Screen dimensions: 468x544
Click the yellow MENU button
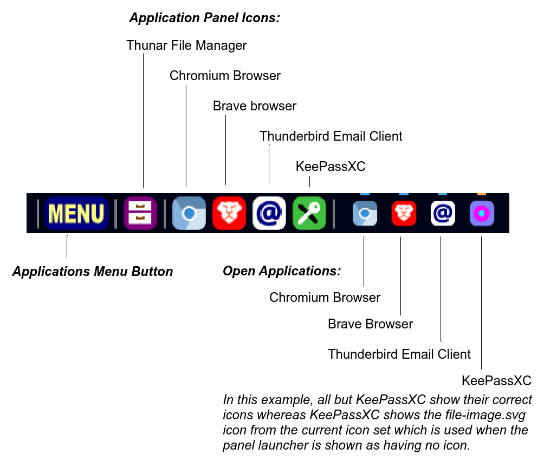click(x=76, y=213)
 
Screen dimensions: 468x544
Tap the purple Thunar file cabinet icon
click(x=140, y=213)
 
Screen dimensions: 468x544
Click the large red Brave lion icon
click(x=229, y=213)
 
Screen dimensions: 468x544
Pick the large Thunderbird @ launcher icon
click(x=269, y=213)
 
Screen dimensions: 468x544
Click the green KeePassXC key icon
click(x=309, y=213)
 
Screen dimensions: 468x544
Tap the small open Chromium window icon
click(x=365, y=213)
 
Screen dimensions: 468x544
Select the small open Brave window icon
click(x=404, y=213)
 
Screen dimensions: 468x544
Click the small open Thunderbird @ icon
click(x=443, y=213)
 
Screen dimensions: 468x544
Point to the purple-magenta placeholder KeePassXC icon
click(x=482, y=213)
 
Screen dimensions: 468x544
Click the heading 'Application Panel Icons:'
click(x=204, y=17)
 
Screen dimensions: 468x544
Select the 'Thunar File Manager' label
click(x=186, y=45)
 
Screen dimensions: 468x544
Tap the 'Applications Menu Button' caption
click(x=92, y=272)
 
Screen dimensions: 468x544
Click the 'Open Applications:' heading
click(x=282, y=271)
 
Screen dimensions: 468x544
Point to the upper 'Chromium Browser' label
click(x=225, y=76)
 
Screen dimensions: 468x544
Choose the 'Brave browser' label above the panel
click(x=255, y=106)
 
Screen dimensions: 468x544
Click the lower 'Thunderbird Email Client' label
click(x=399, y=354)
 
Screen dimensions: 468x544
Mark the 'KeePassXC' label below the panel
click(x=496, y=380)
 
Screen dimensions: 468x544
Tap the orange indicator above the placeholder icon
click(x=482, y=194)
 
